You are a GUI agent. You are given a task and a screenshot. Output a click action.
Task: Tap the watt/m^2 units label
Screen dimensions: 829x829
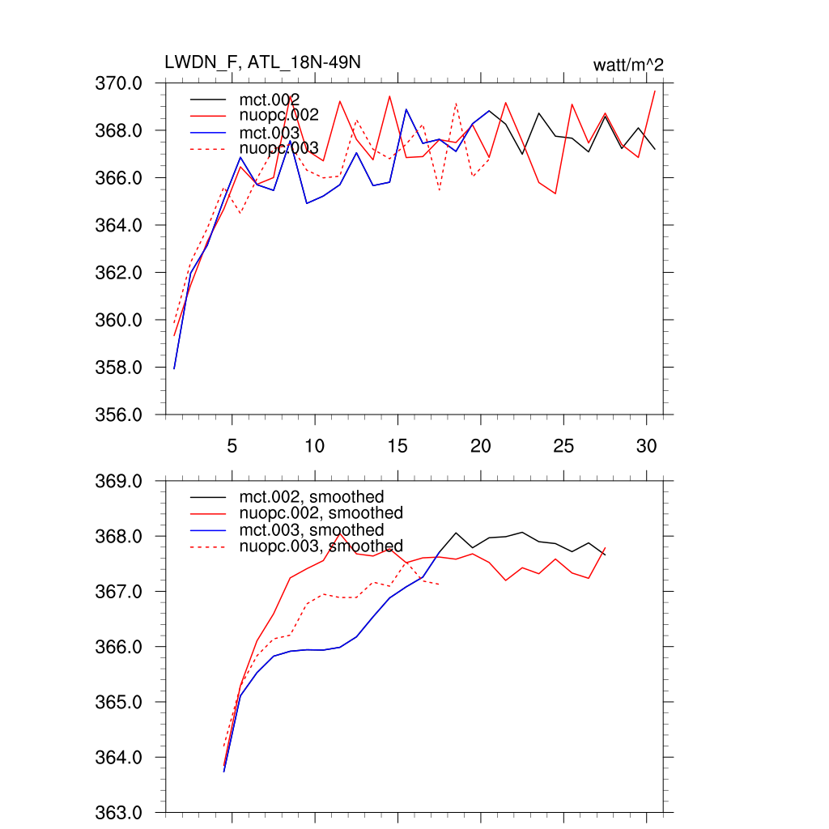click(x=628, y=66)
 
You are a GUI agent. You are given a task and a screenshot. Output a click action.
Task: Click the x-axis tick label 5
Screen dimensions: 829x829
click(x=232, y=446)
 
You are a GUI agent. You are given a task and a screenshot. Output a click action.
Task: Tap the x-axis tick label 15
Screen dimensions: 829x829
click(x=397, y=446)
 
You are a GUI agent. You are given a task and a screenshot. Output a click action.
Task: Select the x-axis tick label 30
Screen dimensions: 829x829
click(x=646, y=446)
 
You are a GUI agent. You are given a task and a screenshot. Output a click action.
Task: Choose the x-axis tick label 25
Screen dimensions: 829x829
click(x=563, y=446)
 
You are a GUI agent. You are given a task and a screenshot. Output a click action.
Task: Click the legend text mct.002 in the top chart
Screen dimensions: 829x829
click(x=275, y=100)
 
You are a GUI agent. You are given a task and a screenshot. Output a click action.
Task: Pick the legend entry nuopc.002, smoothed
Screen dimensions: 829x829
click(x=321, y=513)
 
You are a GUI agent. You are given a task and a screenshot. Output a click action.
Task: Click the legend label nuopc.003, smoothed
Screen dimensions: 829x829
click(x=321, y=546)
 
